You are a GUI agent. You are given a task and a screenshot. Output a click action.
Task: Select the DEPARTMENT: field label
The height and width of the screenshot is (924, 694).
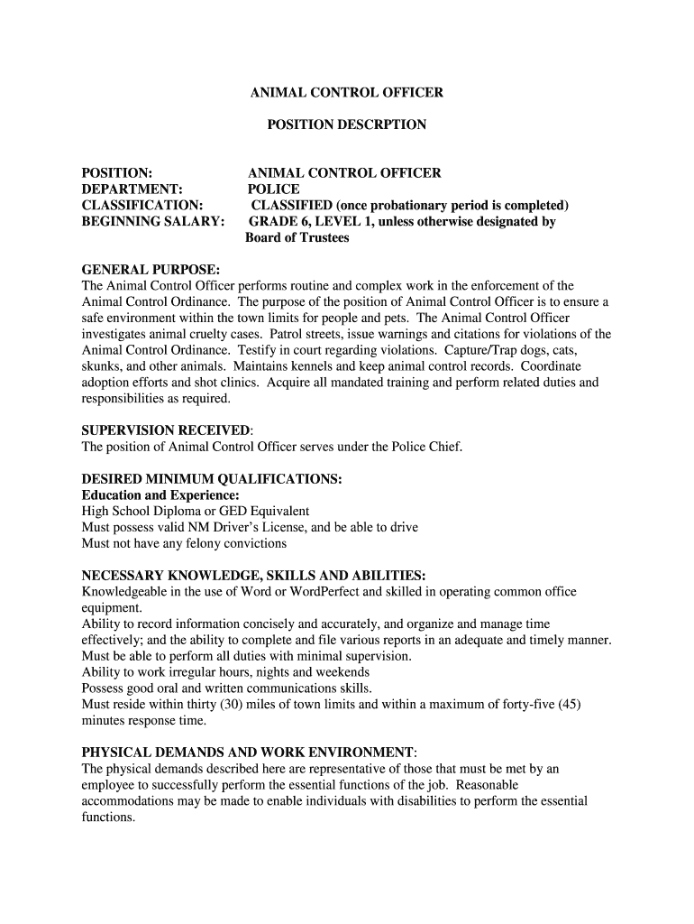click(x=132, y=189)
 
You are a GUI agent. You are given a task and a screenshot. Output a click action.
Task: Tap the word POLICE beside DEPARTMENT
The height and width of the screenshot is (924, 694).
click(x=273, y=189)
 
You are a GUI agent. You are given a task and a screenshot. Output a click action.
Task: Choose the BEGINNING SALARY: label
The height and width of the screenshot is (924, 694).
click(x=153, y=221)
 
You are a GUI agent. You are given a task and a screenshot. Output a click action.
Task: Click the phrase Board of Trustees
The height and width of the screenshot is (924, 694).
click(x=297, y=237)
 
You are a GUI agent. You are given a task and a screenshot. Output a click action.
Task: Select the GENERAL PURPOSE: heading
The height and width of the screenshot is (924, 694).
click(x=151, y=270)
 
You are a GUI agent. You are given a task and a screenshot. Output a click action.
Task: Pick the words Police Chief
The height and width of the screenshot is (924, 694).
click(x=428, y=447)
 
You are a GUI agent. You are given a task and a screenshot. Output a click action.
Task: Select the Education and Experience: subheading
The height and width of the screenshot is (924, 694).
click(x=160, y=495)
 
